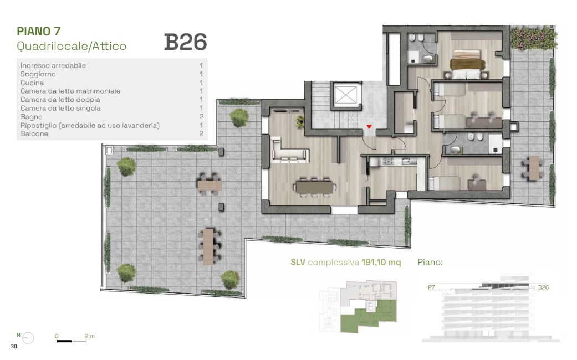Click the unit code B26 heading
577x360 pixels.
pyautogui.click(x=186, y=42)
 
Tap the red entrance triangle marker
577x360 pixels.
pyautogui.click(x=369, y=126)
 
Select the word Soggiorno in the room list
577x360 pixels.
pyautogui.click(x=38, y=74)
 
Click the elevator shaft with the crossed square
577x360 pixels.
pyautogui.click(x=346, y=95)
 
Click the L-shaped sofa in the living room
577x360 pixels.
pyautogui.click(x=289, y=150)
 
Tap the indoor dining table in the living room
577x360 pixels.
pyautogui.click(x=315, y=187)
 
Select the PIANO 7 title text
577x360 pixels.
pyautogui.click(x=39, y=31)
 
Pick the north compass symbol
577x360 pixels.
pyautogui.click(x=28, y=337)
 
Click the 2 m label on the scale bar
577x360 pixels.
pyautogui.click(x=89, y=336)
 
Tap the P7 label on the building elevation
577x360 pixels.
pyautogui.click(x=431, y=287)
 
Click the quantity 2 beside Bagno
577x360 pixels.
pyautogui.click(x=201, y=116)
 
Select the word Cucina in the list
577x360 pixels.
pyautogui.click(x=32, y=83)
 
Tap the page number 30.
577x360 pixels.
pyautogui.click(x=14, y=346)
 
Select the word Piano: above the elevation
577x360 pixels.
pyautogui.click(x=430, y=262)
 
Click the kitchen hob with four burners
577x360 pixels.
pyautogui.click(x=388, y=161)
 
